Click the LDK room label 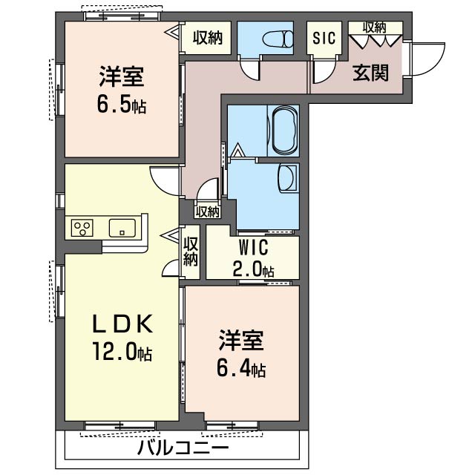tap(122, 324)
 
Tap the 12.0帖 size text tap(122, 351)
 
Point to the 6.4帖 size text tap(242, 367)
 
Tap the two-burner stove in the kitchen tap(82, 228)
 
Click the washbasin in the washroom tap(286, 178)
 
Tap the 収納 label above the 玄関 tap(374, 27)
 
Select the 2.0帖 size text tap(252, 269)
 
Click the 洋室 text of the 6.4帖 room tap(241, 341)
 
